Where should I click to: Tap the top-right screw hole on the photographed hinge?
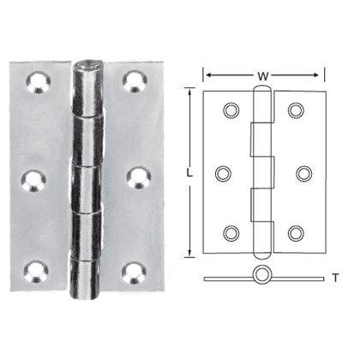134,81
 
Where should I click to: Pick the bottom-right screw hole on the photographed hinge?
134,273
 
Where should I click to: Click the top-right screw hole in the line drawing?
296,110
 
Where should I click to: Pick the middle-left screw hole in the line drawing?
224,172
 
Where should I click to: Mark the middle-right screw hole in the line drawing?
303,172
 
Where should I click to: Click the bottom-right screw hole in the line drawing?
296,234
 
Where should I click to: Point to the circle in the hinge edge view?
263,277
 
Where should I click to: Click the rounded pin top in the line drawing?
263,87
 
